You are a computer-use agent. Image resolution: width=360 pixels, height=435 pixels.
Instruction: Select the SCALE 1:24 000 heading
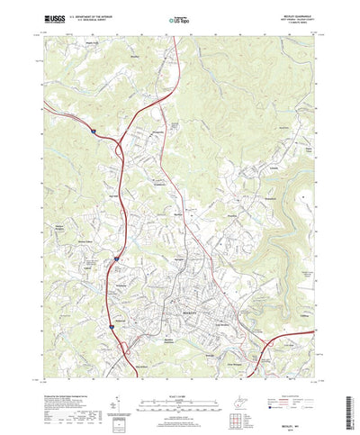click(179, 367)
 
